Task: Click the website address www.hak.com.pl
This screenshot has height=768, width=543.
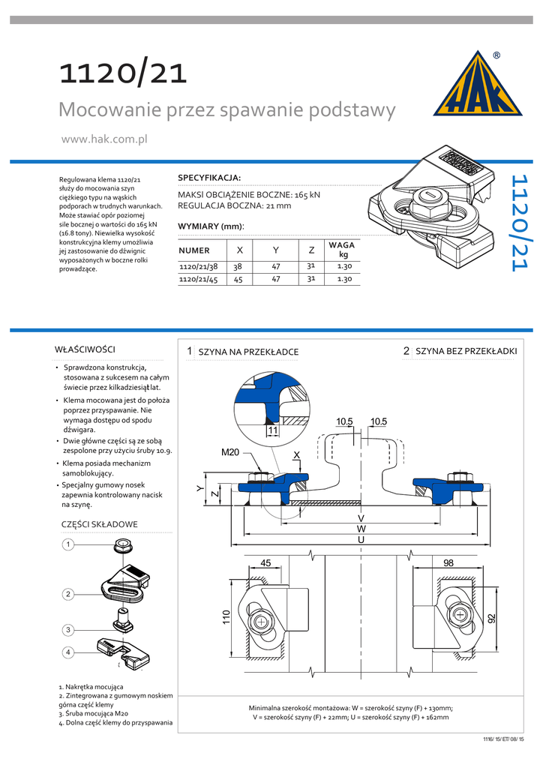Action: (103, 139)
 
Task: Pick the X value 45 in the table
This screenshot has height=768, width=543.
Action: (238, 279)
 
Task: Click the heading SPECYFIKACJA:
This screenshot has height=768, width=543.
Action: (209, 177)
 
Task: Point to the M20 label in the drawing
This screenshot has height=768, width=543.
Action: (230, 453)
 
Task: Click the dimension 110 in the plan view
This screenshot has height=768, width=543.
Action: (225, 617)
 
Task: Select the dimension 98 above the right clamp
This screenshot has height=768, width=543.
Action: (448, 562)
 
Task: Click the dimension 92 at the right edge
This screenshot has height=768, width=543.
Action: (492, 618)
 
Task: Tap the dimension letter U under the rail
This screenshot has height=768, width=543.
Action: (361, 539)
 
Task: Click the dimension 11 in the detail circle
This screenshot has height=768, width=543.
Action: (272, 431)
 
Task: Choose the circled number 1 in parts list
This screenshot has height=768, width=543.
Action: (67, 544)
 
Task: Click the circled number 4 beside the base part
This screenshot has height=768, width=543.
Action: (67, 652)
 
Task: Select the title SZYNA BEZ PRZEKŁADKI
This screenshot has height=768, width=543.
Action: (466, 351)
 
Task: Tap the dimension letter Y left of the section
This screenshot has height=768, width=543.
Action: (199, 488)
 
